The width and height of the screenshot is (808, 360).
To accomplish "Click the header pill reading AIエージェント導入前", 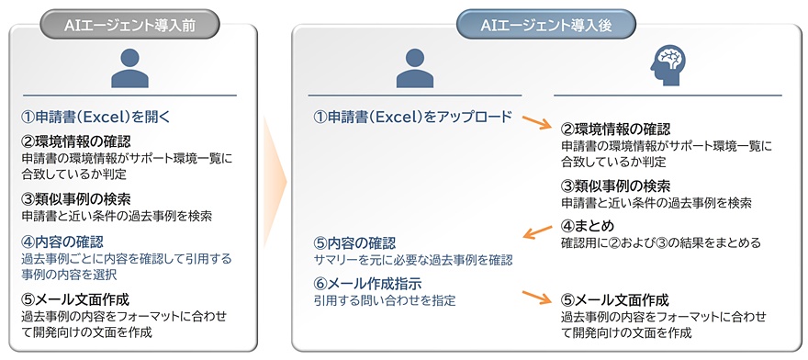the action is tap(129, 25).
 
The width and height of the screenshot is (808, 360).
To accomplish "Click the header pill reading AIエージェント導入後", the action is tap(546, 25).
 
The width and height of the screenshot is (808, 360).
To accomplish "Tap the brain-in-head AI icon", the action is tap(668, 65).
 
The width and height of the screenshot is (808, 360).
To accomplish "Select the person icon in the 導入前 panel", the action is tap(129, 68).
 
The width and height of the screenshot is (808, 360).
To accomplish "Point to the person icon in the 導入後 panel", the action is tap(415, 68).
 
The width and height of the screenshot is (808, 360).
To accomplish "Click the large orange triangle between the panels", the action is tap(275, 182).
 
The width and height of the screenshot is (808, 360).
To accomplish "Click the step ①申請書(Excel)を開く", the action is tap(95, 117).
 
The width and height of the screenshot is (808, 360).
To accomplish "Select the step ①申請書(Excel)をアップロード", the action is tap(413, 117).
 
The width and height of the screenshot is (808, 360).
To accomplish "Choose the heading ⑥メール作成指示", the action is tap(368, 283).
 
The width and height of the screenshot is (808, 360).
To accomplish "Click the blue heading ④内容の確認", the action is tap(62, 241).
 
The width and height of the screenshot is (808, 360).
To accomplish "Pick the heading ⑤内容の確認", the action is tap(354, 242).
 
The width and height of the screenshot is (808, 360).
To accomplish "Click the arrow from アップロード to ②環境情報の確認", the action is tap(536, 123).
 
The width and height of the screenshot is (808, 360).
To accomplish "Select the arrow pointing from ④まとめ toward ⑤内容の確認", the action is tap(537, 231).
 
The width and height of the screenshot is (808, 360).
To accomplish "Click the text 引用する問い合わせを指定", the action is tap(385, 300).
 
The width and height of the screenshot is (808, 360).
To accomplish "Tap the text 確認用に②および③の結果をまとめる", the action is tap(660, 242).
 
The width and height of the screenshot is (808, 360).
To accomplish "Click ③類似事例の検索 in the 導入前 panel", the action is tap(75, 198).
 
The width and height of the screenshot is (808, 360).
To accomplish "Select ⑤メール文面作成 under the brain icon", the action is tap(614, 299).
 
